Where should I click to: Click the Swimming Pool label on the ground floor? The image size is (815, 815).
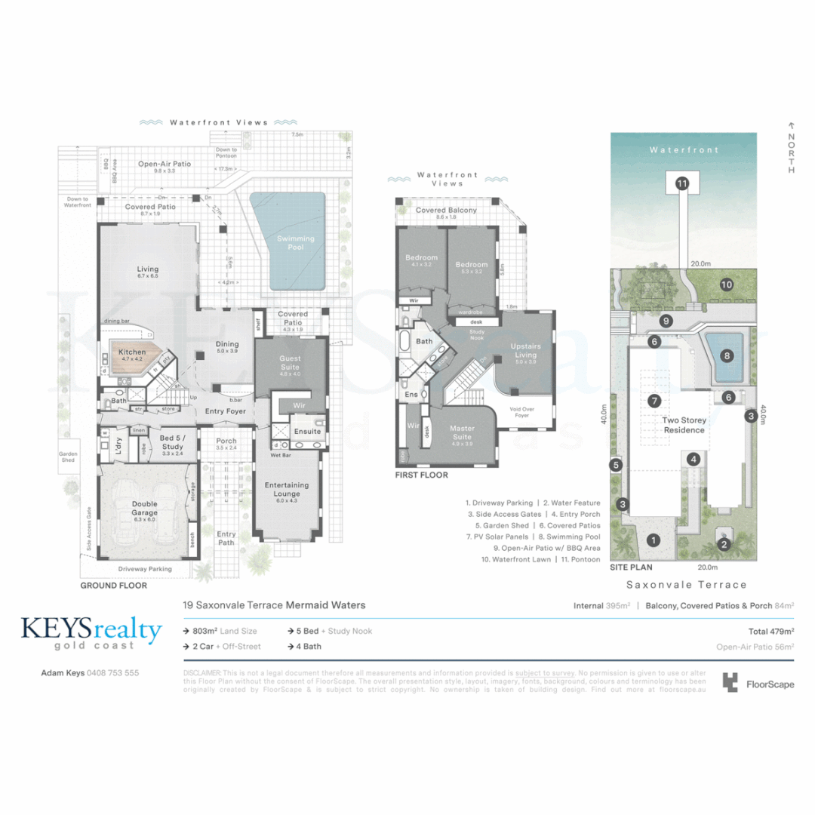pos(295,242)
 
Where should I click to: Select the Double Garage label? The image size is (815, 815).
pos(144,509)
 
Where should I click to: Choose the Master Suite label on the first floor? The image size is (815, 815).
pos(462,432)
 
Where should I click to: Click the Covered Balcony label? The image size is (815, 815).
pos(447,211)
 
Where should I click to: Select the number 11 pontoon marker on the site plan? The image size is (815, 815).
pos(682,183)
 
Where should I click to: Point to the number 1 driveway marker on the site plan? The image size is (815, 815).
pos(654,540)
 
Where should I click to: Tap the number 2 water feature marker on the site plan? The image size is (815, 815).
pos(724,544)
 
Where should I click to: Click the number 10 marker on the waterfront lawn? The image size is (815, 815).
pos(726,284)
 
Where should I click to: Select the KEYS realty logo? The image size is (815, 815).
pos(91,632)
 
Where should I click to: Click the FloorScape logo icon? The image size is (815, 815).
pos(730,683)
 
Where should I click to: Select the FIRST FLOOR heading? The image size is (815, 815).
pos(422,475)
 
